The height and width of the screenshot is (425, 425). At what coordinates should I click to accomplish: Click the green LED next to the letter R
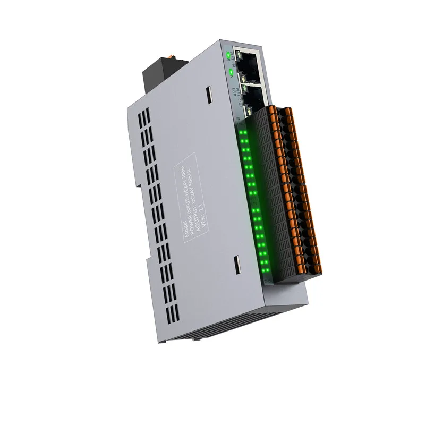228,54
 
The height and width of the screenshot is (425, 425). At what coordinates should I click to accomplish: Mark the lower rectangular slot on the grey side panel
237,263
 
